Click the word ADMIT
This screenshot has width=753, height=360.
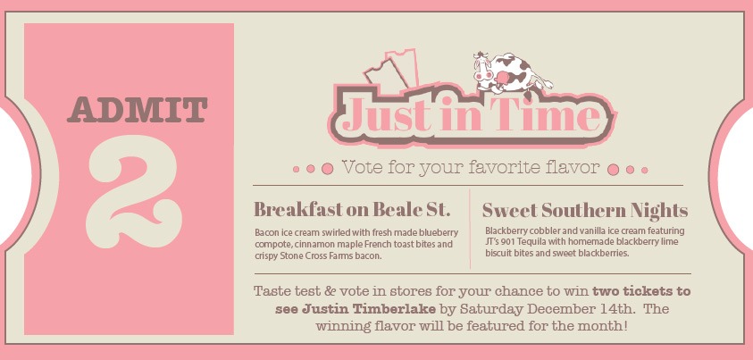click(138, 110)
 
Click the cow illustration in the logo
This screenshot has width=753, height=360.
click(512, 74)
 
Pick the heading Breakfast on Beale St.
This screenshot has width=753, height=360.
click(352, 210)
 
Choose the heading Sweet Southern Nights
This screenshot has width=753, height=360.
click(585, 211)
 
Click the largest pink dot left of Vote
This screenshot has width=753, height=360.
click(328, 169)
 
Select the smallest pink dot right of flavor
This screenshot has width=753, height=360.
click(644, 170)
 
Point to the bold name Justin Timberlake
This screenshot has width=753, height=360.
click(356, 309)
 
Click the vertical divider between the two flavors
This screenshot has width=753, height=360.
click(470, 229)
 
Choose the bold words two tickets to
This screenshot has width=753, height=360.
click(641, 291)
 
